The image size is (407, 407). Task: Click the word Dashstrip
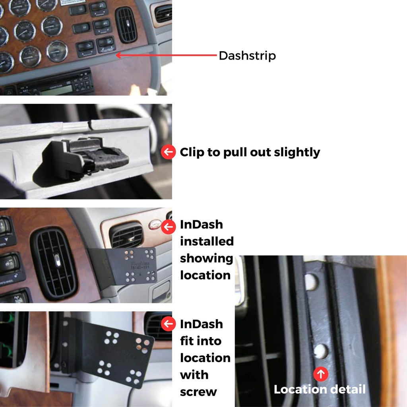(247, 56)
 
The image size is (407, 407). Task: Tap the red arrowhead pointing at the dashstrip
(118, 55)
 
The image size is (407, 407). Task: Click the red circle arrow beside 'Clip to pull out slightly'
(169, 152)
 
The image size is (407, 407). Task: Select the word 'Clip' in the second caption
(192, 152)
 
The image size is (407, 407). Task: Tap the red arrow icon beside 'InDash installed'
(169, 227)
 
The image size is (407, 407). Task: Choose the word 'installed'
(207, 241)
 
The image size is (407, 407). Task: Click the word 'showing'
(206, 259)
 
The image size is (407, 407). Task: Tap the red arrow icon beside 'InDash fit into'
(169, 324)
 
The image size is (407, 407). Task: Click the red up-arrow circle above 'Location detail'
(321, 374)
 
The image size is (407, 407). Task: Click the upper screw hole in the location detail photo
(311, 281)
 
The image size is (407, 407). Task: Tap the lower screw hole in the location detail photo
(321, 351)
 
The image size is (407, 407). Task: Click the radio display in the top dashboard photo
(56, 90)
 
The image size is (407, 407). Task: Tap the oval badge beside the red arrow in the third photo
(155, 225)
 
